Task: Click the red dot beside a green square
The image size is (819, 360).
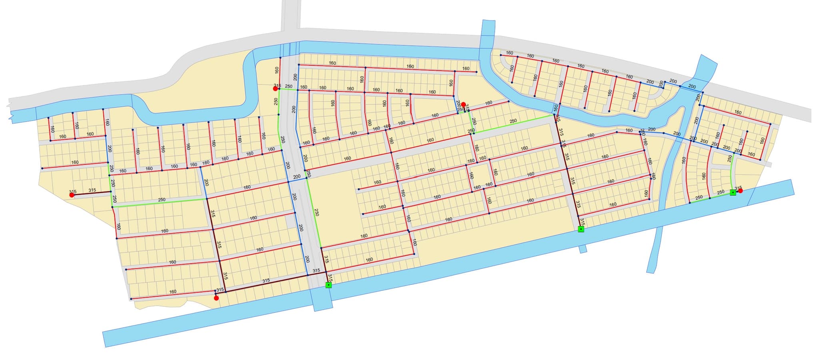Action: pos(740,191)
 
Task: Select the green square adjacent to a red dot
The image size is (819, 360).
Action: pos(733,192)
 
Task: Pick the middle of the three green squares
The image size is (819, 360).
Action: pos(581,229)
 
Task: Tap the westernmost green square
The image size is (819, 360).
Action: pos(328,285)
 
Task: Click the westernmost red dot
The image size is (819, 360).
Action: pos(72,195)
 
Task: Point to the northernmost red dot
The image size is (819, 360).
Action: pos(275,88)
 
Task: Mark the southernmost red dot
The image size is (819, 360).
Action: pos(216,298)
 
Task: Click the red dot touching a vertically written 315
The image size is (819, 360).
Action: pos(463,104)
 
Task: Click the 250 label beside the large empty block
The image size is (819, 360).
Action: pos(316,212)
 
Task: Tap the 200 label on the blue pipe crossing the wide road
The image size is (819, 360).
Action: pos(296,177)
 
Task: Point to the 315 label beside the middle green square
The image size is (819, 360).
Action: pos(582,222)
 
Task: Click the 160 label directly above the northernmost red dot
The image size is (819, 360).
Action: pos(277,70)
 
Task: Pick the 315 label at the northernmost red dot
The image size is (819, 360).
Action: pos(277,86)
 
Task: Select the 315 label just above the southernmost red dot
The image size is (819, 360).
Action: pos(220,290)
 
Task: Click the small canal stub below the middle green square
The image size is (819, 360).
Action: pos(583,249)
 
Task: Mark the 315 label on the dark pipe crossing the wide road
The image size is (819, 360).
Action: pos(316,271)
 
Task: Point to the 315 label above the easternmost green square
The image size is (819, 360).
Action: pos(738,188)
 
